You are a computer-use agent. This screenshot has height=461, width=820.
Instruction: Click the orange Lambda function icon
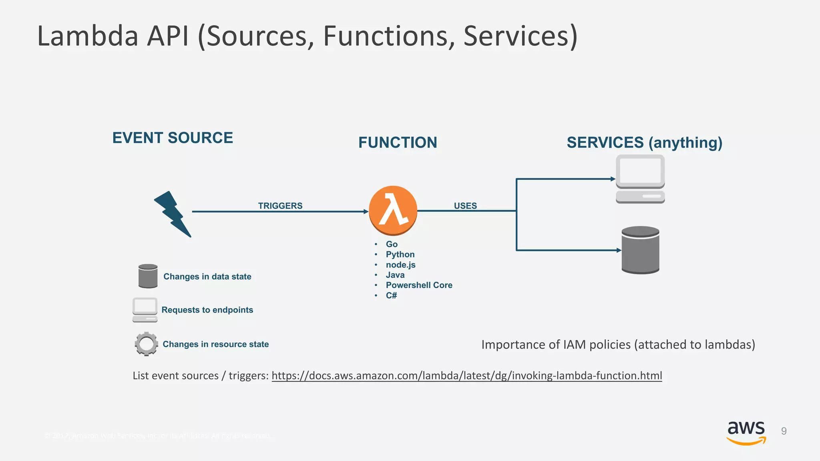[393, 210]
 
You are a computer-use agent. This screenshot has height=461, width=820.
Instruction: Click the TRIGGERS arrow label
[280, 206]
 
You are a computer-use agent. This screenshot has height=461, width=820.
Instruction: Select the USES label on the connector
[465, 206]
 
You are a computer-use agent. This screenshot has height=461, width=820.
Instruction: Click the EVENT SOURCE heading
[173, 138]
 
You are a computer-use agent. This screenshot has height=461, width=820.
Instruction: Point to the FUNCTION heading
[398, 143]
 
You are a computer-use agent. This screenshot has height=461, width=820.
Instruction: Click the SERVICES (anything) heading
[644, 143]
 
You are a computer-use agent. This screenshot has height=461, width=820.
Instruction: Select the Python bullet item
[400, 255]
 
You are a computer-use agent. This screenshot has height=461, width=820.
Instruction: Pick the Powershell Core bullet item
[419, 285]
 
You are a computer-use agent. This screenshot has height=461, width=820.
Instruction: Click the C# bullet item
[391, 296]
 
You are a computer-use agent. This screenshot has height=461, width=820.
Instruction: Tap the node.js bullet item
[400, 265]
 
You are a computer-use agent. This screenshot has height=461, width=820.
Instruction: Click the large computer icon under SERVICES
[640, 179]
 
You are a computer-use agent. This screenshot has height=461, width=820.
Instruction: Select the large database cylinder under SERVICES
[640, 250]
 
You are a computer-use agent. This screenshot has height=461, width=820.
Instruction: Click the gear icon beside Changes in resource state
[146, 344]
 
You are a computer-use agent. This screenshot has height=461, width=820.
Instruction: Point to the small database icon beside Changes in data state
[148, 276]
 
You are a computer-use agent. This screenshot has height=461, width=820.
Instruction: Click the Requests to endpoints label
[207, 310]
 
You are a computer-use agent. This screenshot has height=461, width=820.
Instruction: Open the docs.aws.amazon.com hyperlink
[466, 376]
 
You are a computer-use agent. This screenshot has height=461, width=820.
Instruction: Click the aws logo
[746, 433]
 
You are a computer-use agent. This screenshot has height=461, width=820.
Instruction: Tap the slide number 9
[784, 431]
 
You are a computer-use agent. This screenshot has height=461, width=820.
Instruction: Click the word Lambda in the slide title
[88, 36]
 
